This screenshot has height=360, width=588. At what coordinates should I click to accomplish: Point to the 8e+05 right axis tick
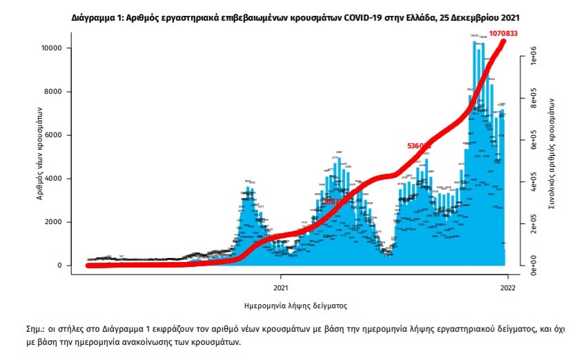tap(532, 101)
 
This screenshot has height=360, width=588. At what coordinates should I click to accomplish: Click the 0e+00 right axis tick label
tap(532, 264)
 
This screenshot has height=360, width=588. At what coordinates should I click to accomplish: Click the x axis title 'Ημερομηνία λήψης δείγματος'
tap(295, 304)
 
